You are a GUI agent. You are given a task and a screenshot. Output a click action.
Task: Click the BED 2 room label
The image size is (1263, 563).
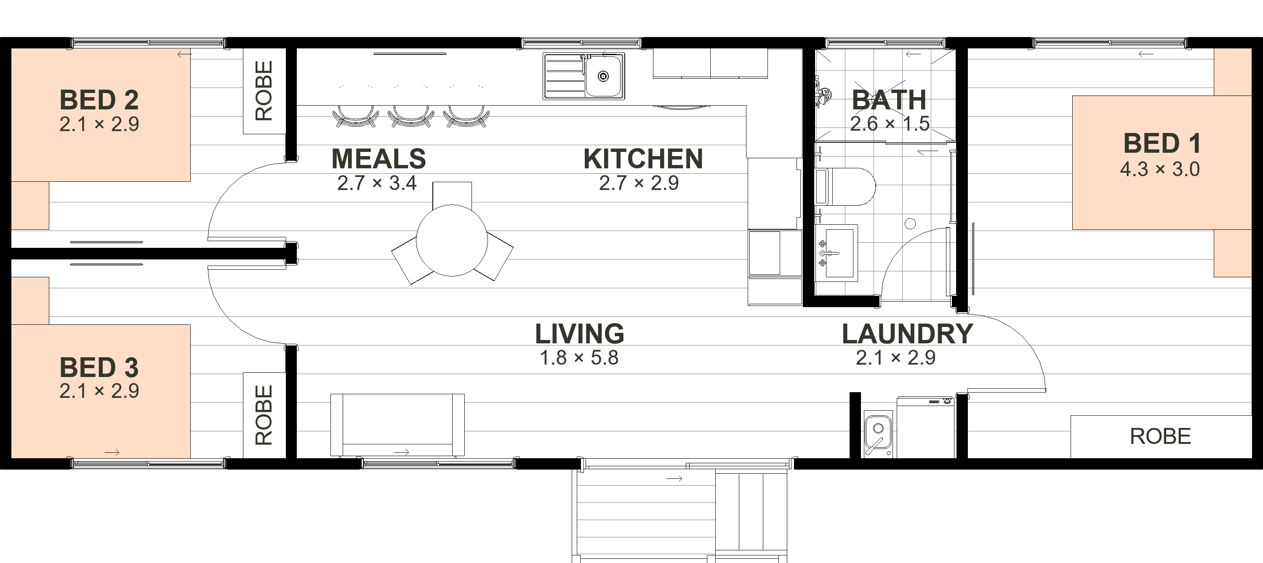tap(99, 100)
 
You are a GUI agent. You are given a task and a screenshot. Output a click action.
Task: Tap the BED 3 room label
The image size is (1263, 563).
tap(99, 367)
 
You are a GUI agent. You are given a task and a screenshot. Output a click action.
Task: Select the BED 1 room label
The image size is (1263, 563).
tap(1162, 143)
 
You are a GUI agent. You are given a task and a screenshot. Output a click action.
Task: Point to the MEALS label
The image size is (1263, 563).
tap(378, 159)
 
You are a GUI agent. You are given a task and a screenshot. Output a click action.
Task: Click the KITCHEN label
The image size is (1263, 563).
tap(643, 159)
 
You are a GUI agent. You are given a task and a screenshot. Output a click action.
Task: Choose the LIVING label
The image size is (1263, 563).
tap(580, 334)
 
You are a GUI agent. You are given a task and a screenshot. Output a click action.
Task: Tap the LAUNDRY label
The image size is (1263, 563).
tap(908, 334)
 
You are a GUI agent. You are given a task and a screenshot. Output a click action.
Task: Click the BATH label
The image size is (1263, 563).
tap(889, 100)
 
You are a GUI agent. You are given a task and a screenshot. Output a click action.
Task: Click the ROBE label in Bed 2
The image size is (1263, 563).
tap(264, 90)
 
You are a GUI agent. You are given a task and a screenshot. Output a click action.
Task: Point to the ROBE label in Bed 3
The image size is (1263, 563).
tap(264, 415)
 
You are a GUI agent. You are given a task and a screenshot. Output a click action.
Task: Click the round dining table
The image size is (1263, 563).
tap(452, 241)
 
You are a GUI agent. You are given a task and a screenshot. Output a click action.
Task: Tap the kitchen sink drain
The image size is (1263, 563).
tap(604, 76)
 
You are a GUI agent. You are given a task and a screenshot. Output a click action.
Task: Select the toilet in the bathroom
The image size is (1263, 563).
tap(845, 187)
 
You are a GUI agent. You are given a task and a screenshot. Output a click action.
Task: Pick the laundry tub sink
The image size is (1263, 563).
tap(878, 433)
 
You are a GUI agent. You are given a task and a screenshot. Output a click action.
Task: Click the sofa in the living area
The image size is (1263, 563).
tap(397, 425)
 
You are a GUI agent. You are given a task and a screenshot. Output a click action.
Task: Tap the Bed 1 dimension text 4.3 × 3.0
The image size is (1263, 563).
tap(1160, 170)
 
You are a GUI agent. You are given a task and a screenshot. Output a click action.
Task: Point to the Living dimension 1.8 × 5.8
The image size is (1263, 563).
tap(579, 358)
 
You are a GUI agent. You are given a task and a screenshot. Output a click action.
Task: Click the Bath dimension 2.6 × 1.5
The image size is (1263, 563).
tap(890, 124)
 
